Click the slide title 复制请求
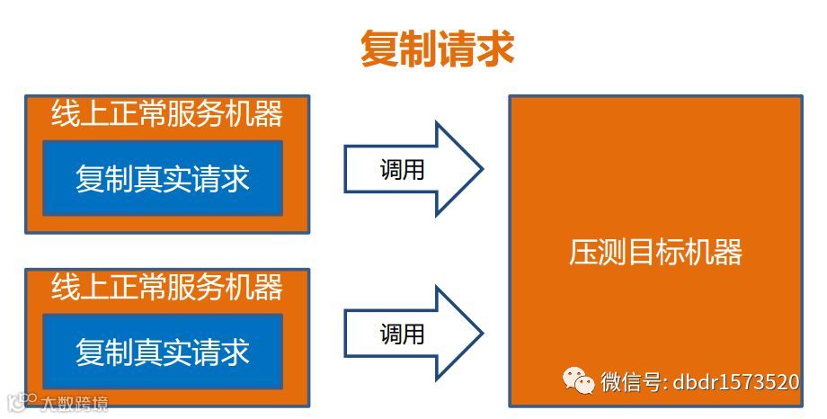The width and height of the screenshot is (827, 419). (437, 49)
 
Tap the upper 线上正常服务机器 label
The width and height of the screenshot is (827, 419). (166, 114)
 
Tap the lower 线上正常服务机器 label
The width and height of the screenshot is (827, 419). (166, 287)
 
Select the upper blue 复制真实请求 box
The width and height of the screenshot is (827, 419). (163, 178)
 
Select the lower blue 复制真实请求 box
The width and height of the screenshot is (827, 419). (163, 350)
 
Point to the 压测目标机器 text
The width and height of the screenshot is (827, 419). (655, 252)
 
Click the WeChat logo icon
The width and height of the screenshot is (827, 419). (578, 382)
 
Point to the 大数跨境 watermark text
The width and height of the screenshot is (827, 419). (74, 404)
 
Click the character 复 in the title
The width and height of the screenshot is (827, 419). (379, 49)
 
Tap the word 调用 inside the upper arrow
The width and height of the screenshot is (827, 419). (402, 169)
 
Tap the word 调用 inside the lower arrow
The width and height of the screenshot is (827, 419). (402, 334)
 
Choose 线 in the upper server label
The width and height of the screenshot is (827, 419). (65, 114)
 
